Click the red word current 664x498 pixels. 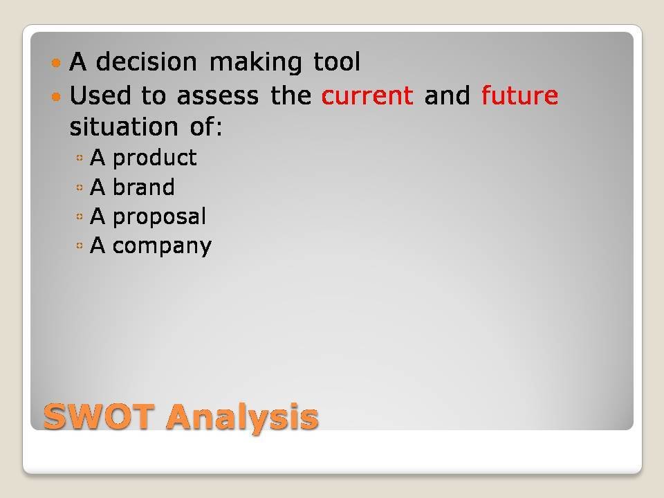(x=367, y=96)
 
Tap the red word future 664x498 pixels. (x=519, y=95)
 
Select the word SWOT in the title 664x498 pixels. (x=99, y=416)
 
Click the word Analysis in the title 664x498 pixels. (x=242, y=418)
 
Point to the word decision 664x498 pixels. (x=147, y=62)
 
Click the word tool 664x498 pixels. (x=337, y=62)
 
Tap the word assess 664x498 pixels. (x=218, y=96)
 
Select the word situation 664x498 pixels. (x=124, y=127)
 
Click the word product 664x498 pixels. (x=154, y=158)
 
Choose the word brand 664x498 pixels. (x=144, y=187)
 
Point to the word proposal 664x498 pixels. (x=159, y=216)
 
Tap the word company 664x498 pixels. (x=162, y=246)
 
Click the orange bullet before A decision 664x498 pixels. (x=56, y=64)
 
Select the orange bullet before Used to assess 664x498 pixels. (x=56, y=97)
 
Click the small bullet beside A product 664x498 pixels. (x=80, y=158)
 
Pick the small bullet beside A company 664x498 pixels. (x=80, y=246)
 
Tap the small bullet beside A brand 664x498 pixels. (x=80, y=187)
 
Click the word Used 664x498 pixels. (x=100, y=95)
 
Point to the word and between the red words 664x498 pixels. (x=448, y=95)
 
